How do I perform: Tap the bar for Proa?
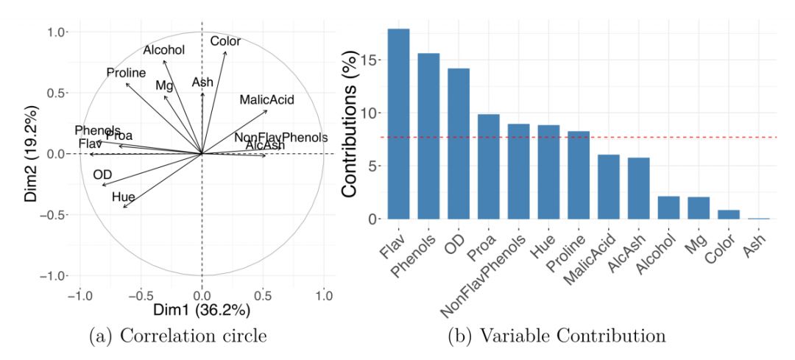(x=488, y=166)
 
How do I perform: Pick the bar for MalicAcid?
(x=608, y=187)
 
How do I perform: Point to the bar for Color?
(x=728, y=215)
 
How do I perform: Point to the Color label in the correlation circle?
(x=225, y=41)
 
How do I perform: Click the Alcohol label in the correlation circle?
(x=163, y=50)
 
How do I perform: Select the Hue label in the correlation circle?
(x=123, y=197)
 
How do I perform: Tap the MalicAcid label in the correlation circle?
(x=264, y=99)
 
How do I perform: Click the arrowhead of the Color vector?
(x=226, y=52)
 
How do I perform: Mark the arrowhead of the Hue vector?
(x=124, y=208)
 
